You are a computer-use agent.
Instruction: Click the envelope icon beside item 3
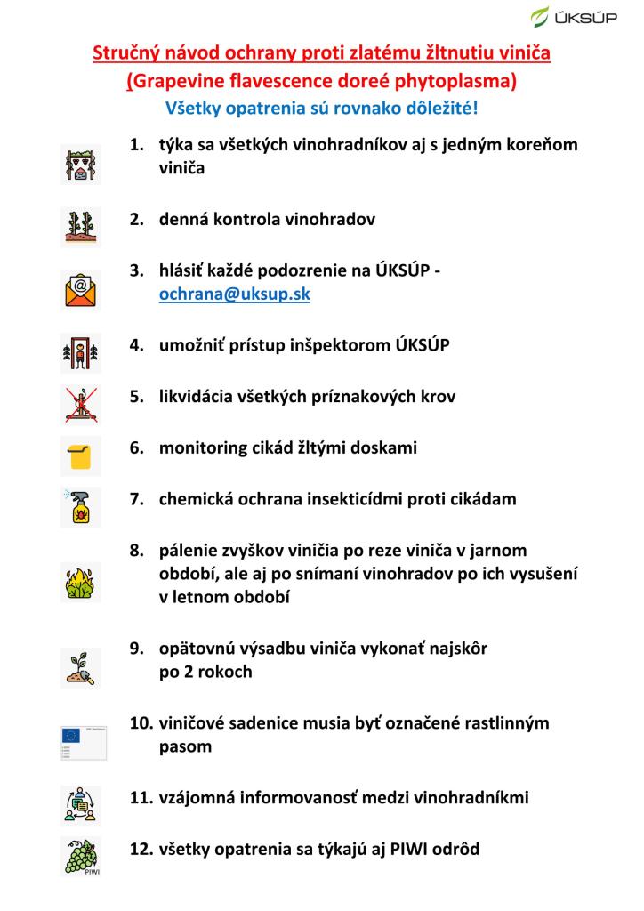tap(80, 288)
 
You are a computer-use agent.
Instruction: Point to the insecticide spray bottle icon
tap(80, 506)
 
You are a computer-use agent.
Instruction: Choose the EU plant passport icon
tap(84, 741)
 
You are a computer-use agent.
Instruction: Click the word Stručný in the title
tap(128, 53)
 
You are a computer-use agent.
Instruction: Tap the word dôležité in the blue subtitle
tap(438, 109)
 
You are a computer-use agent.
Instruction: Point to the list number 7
tap(137, 499)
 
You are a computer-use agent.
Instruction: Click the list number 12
tap(141, 849)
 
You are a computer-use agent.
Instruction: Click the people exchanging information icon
tap(80, 804)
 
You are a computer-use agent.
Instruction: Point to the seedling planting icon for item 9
tap(80, 667)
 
